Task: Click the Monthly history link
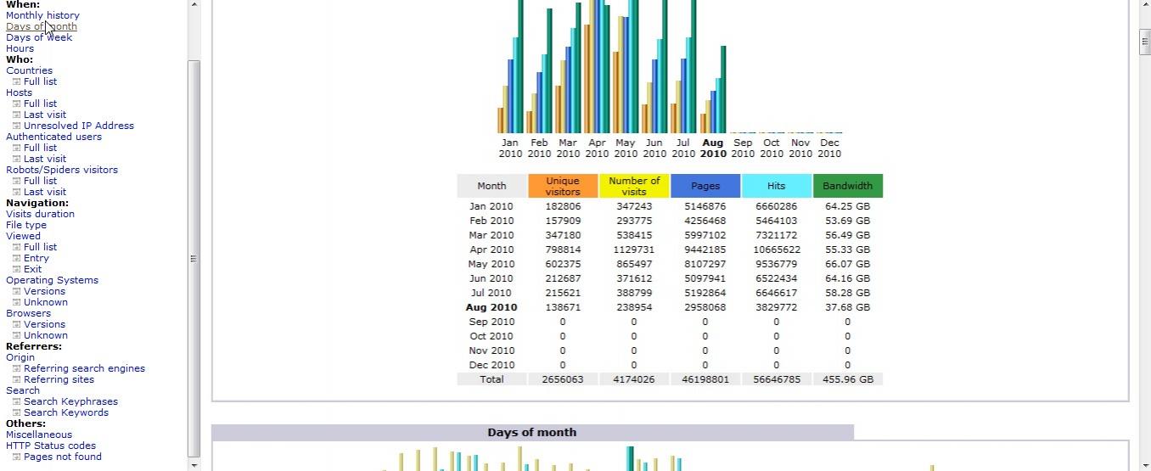(42, 15)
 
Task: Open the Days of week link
(39, 37)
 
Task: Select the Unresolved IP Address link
(79, 126)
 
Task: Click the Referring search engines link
(84, 368)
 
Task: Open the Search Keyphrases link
(70, 401)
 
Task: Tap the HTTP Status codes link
(51, 446)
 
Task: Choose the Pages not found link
(63, 457)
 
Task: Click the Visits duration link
(40, 214)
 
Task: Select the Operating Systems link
(52, 280)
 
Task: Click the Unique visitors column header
(563, 186)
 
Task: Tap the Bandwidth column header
(847, 186)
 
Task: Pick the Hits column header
(776, 186)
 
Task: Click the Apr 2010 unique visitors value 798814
(563, 250)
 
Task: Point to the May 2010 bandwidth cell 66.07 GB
(847, 264)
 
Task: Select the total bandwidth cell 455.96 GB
(847, 379)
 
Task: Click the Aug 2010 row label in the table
(491, 307)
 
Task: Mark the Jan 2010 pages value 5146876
(705, 206)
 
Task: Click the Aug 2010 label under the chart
(713, 148)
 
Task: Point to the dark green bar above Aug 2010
(723, 89)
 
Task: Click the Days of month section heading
(532, 433)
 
